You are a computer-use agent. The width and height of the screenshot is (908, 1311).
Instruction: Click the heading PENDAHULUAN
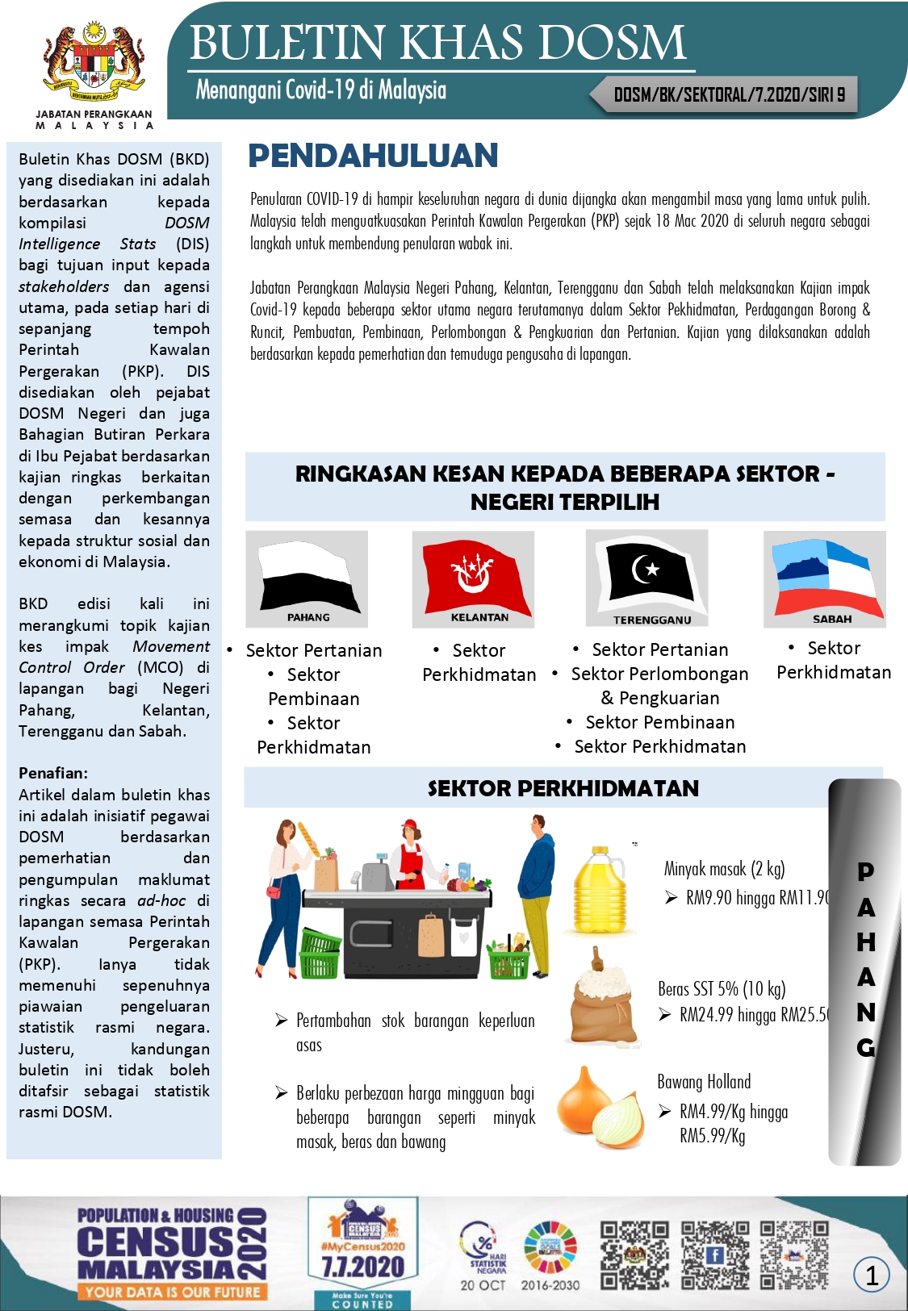click(373, 156)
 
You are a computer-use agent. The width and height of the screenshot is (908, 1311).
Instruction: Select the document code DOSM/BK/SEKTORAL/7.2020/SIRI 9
click(729, 95)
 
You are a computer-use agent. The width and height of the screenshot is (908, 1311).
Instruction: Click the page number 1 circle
click(872, 1275)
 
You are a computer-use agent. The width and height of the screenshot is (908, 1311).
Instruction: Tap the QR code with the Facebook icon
click(714, 1255)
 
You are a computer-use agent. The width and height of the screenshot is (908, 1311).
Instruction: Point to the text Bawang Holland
click(704, 1082)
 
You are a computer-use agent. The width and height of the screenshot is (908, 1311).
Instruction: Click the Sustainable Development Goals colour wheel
click(550, 1247)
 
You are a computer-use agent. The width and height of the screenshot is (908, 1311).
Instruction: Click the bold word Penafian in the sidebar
click(53, 773)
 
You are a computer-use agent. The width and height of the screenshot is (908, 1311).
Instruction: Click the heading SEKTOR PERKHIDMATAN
click(563, 788)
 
